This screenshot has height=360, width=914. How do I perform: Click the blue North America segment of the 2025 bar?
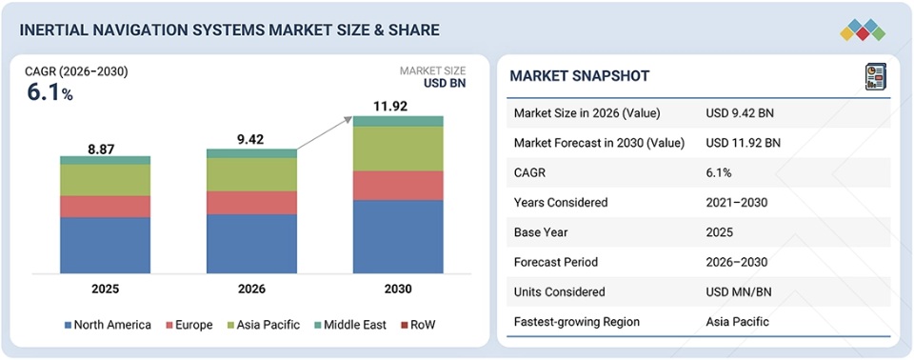click(x=105, y=245)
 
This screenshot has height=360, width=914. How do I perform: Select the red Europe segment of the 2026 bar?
click(x=251, y=203)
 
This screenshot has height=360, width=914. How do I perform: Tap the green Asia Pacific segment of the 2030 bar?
click(x=398, y=149)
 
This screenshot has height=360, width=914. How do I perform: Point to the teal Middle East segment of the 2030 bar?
click(x=398, y=121)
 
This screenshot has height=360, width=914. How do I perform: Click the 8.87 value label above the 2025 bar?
click(x=101, y=150)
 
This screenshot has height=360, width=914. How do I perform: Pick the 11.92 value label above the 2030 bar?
click(x=390, y=107)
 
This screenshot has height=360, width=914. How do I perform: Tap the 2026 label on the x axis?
click(x=251, y=290)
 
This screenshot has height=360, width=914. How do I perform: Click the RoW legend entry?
click(x=418, y=325)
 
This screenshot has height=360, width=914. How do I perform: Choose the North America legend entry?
click(x=108, y=325)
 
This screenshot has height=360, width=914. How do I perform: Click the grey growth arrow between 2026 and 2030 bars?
click(x=325, y=133)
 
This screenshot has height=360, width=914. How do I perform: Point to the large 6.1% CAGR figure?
click(x=50, y=92)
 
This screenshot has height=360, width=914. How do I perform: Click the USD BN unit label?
click(x=445, y=84)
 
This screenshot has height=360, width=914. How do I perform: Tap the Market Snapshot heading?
click(x=580, y=76)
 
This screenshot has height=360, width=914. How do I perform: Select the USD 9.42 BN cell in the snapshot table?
click(x=740, y=113)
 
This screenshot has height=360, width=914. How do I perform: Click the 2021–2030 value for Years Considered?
click(x=736, y=203)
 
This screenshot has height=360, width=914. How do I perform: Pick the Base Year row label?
click(x=540, y=232)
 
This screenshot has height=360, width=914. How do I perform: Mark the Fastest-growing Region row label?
click(x=577, y=322)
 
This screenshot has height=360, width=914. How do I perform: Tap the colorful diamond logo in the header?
click(x=863, y=30)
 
